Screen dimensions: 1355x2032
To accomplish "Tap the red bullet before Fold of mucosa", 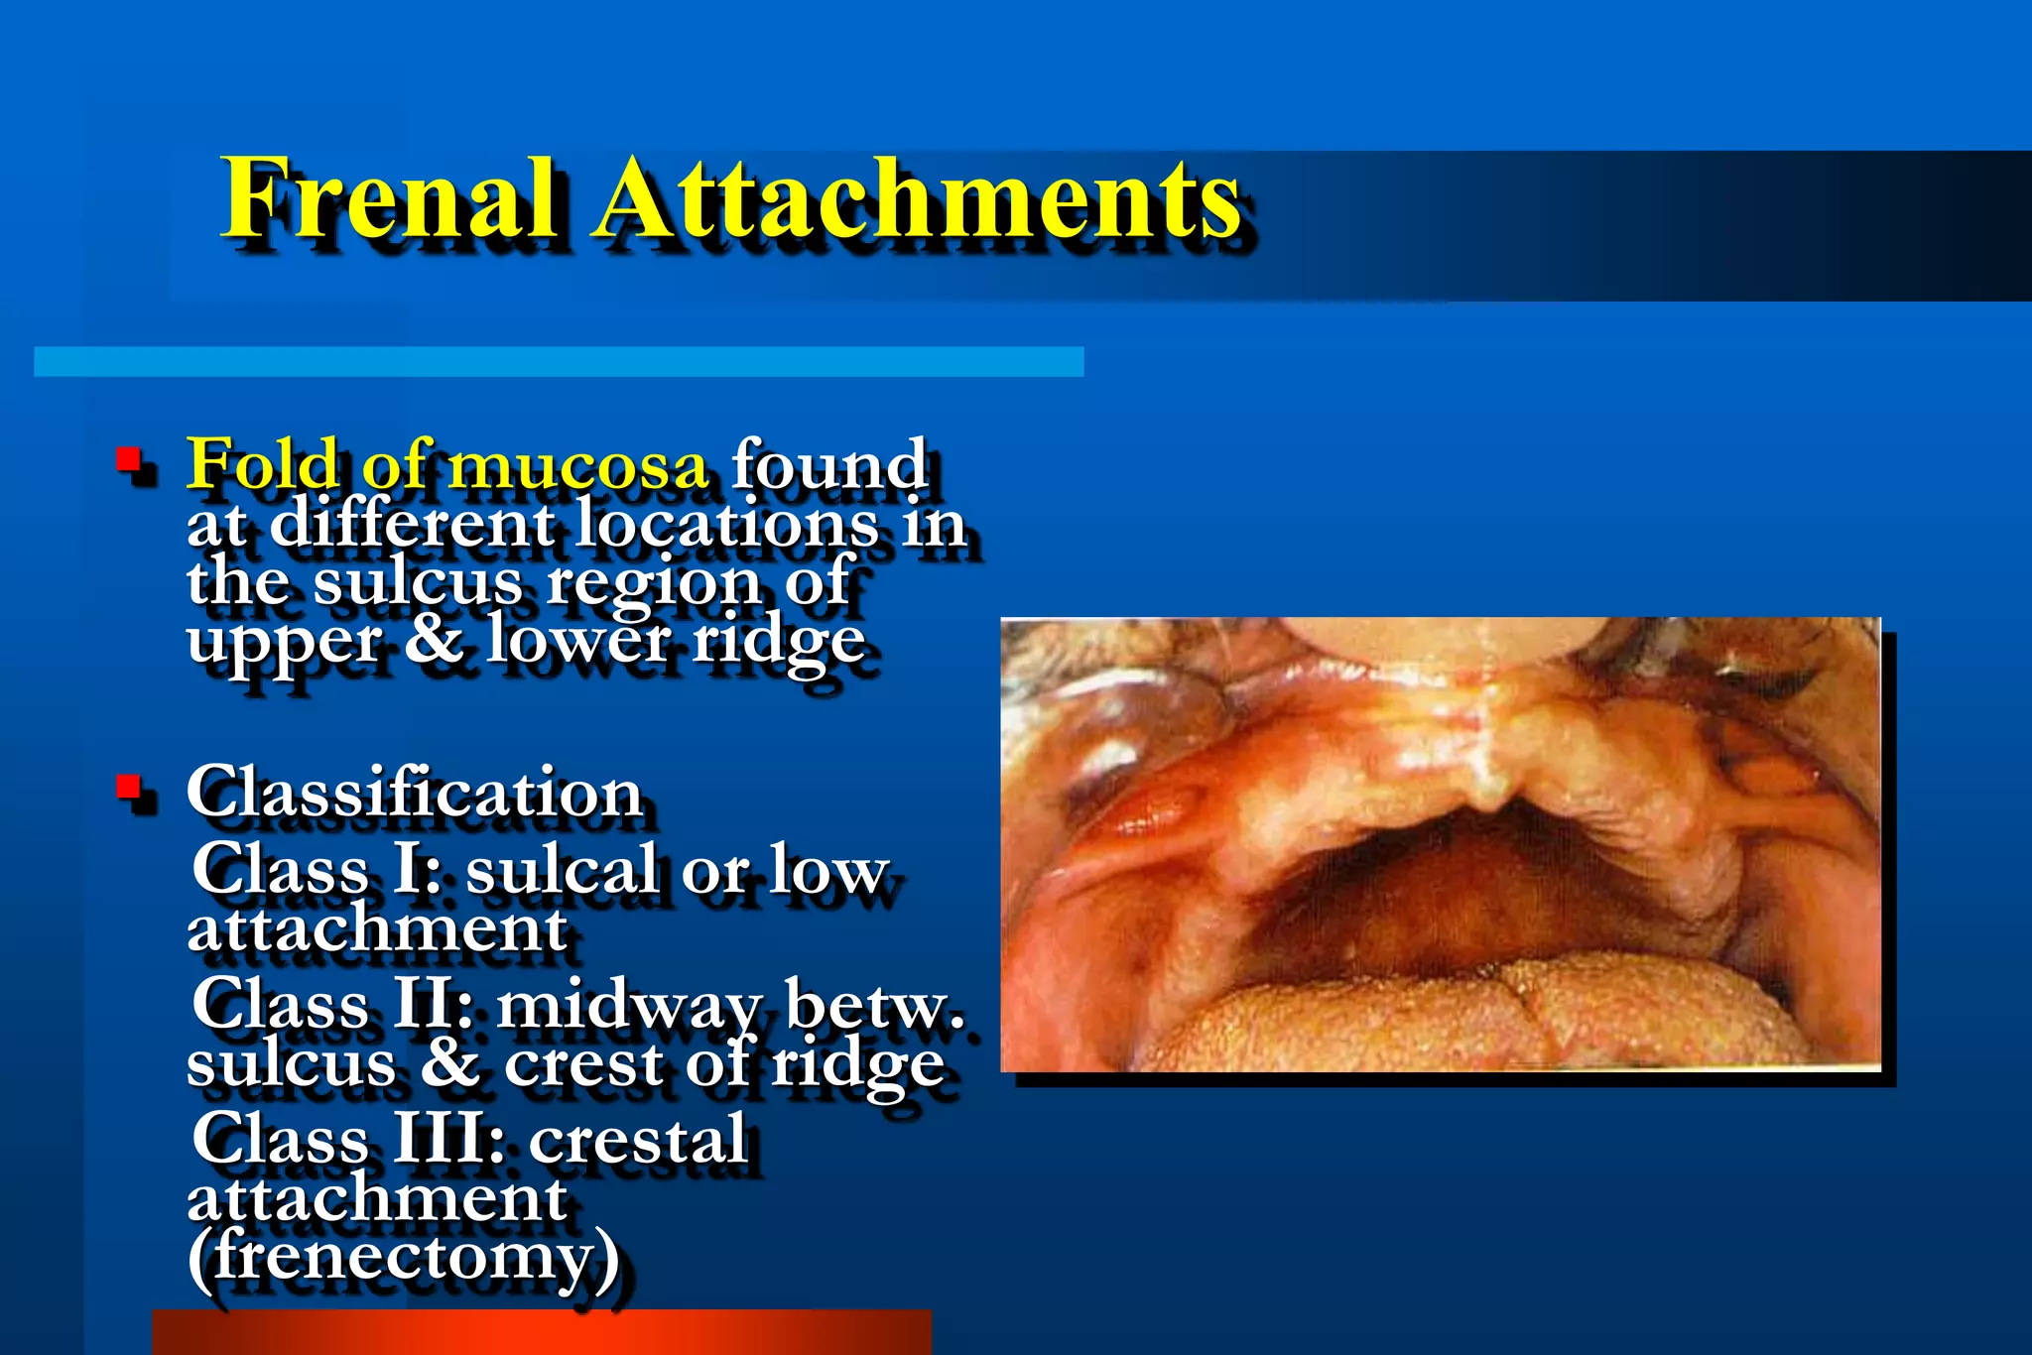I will click(x=127, y=459).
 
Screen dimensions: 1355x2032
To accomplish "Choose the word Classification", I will click(x=415, y=794).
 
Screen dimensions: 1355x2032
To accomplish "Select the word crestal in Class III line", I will click(x=638, y=1140).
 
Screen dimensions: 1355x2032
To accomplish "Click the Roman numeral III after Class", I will click(x=444, y=1140).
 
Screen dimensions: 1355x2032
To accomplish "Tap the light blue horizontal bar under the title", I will click(x=558, y=361).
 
